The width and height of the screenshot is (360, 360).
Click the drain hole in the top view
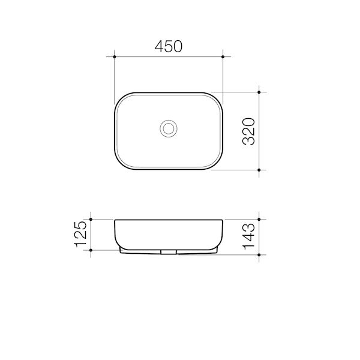169,128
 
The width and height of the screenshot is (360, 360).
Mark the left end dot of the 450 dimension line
115,57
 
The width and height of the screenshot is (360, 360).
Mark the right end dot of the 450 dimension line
223,57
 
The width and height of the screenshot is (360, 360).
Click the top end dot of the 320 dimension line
259,92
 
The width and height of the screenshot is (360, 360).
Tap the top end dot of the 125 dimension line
90,219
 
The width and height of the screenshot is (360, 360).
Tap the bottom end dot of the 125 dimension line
90,249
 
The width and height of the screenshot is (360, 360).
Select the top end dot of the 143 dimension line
259,219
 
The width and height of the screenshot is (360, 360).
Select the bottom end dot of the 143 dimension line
259,254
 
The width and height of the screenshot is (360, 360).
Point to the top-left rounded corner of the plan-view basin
119,97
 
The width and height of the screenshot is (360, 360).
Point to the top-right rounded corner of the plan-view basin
218,97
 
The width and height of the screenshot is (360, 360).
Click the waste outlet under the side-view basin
169,251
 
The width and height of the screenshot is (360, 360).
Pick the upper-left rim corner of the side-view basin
115,220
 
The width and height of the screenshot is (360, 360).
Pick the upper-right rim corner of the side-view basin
223,220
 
